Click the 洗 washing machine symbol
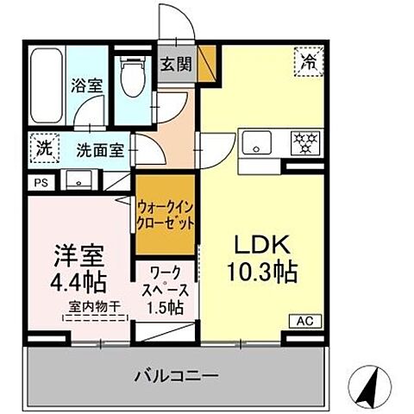pos(42,147)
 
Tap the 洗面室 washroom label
pos(99,148)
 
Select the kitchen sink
pos(257,141)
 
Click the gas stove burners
pos(303,141)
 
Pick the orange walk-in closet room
pos(165,214)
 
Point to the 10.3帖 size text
pos(263,273)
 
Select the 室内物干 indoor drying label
pos(94,306)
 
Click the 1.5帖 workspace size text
pos(164,307)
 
